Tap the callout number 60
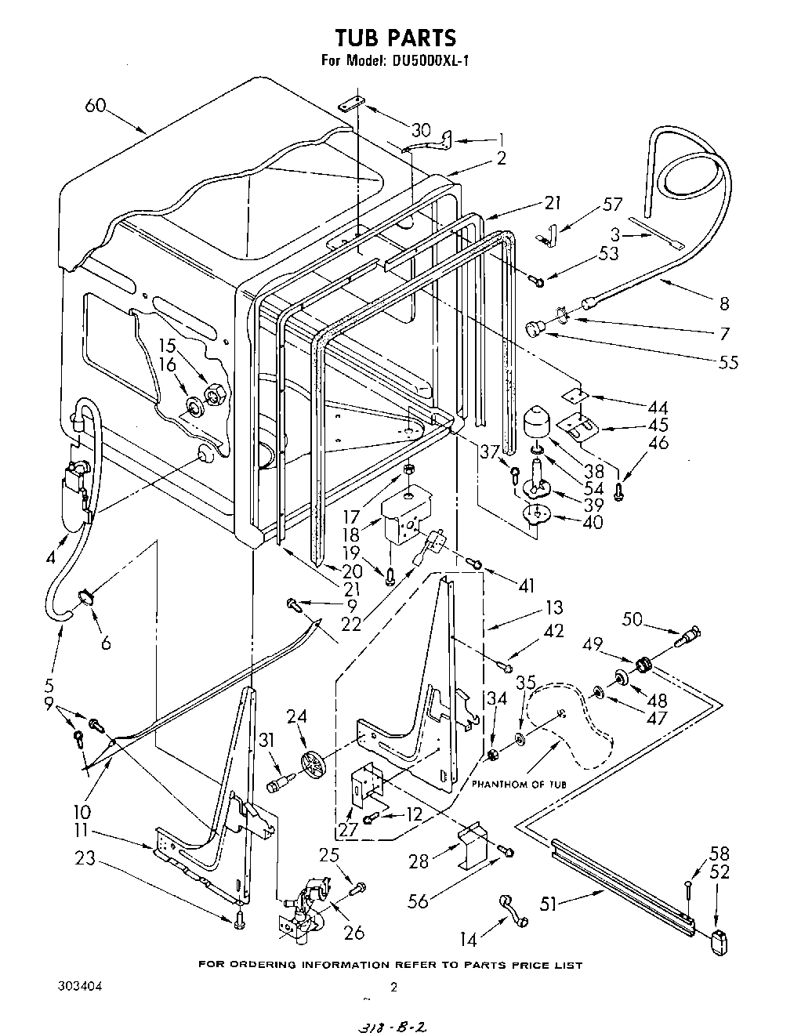96,106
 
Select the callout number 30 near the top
421,129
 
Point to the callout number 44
658,408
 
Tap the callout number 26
354,932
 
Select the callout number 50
632,619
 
